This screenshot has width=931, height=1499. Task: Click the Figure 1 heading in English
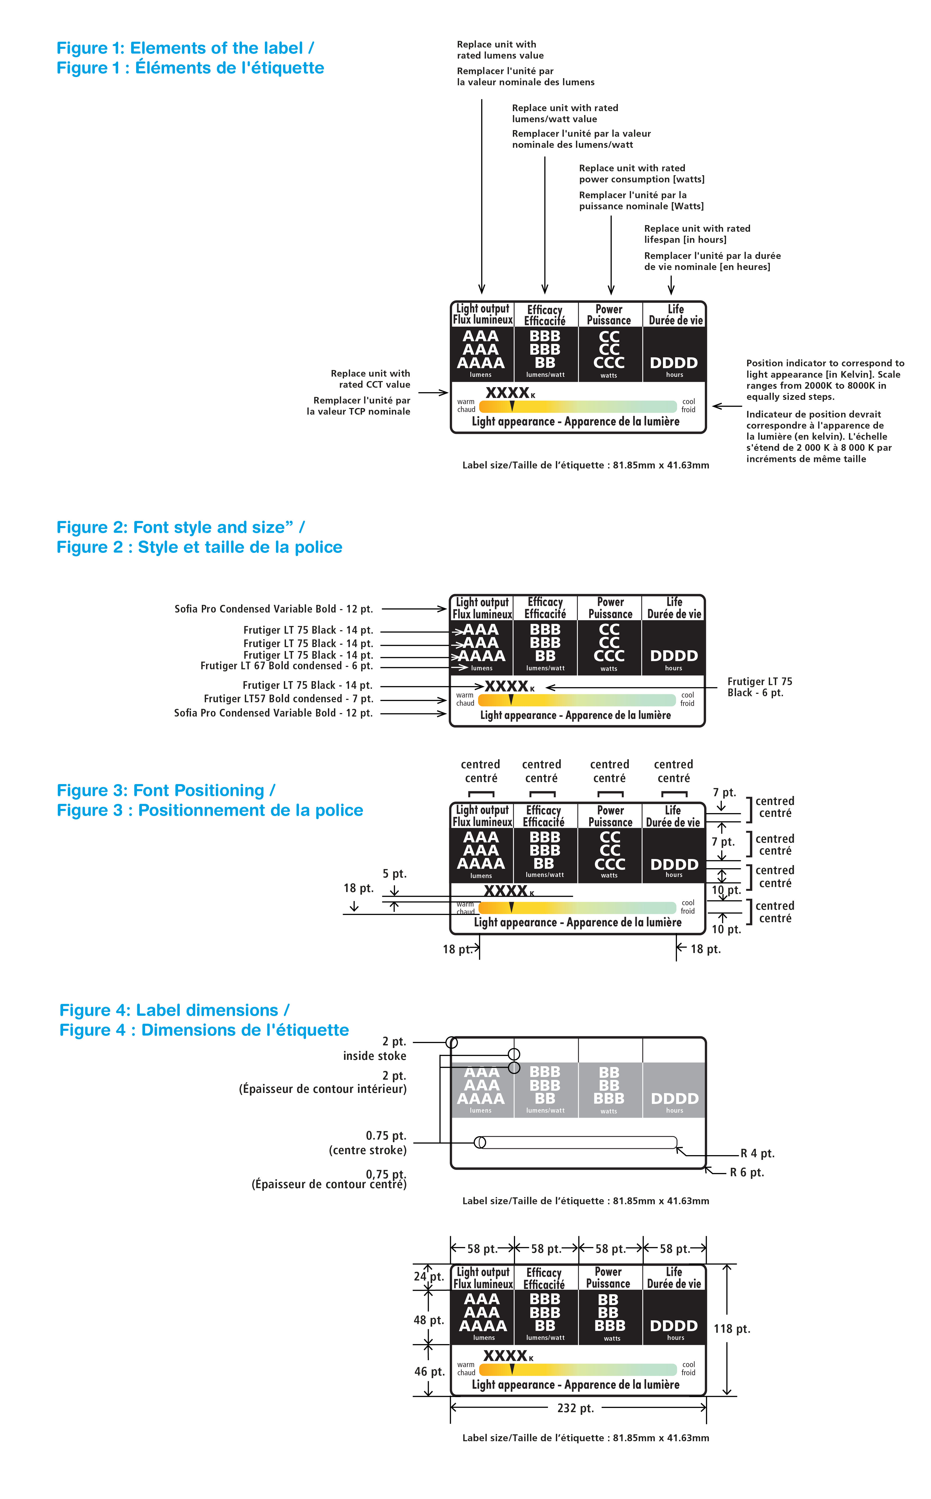click(x=185, y=48)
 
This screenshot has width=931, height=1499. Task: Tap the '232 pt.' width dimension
click(x=575, y=1408)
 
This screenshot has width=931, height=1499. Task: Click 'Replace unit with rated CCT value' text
click(x=370, y=379)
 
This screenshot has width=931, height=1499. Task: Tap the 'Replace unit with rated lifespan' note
click(x=697, y=234)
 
